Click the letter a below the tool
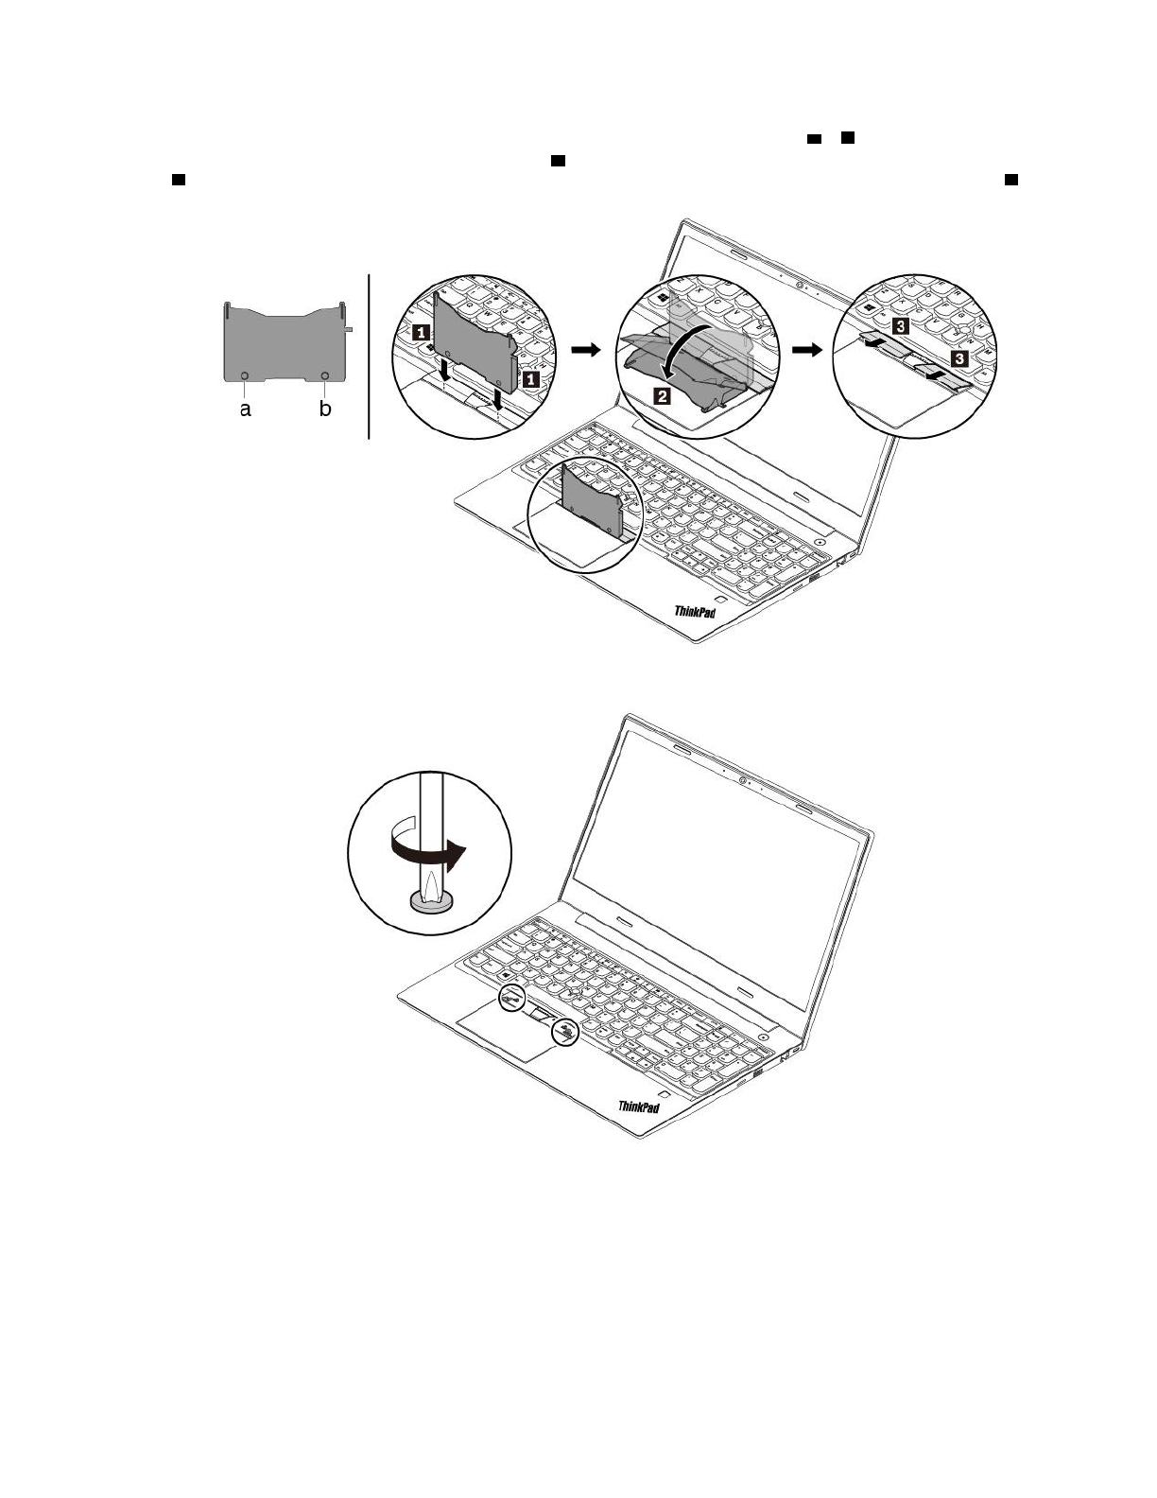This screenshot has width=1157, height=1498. pyautogui.click(x=246, y=410)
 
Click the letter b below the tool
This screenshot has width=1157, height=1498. pyautogui.click(x=325, y=410)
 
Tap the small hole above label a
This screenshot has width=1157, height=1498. pyautogui.click(x=246, y=375)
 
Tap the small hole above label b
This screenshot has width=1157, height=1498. pyautogui.click(x=325, y=375)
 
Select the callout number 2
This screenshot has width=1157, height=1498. pyautogui.click(x=664, y=396)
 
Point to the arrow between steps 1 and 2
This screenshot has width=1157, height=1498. pyautogui.click(x=586, y=350)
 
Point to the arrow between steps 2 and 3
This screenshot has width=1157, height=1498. pyautogui.click(x=807, y=350)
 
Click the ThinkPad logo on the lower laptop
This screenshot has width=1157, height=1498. pyautogui.click(x=639, y=1106)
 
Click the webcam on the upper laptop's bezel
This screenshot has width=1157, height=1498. pyautogui.click(x=800, y=285)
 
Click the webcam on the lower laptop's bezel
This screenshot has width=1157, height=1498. pyautogui.click(x=744, y=780)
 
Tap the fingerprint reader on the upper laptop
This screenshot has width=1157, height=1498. pyautogui.click(x=720, y=600)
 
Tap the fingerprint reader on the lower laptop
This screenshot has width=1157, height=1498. pyautogui.click(x=665, y=1093)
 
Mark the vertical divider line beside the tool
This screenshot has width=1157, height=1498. pyautogui.click(x=369, y=357)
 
